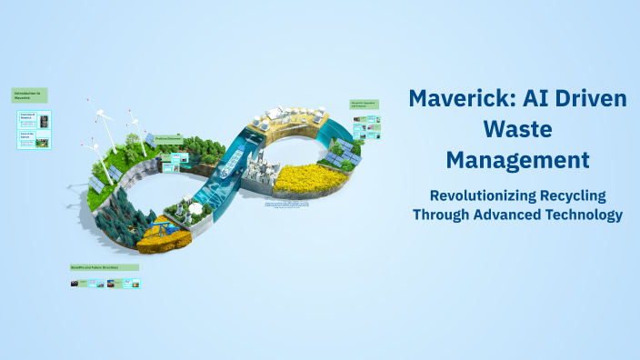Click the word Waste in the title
point(517,130)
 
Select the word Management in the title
point(517,161)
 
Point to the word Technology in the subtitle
point(575,215)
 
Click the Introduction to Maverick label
point(29,95)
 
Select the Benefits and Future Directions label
point(105,267)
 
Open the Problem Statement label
point(169,138)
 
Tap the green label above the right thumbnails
point(364,105)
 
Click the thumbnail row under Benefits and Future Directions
point(105,284)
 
